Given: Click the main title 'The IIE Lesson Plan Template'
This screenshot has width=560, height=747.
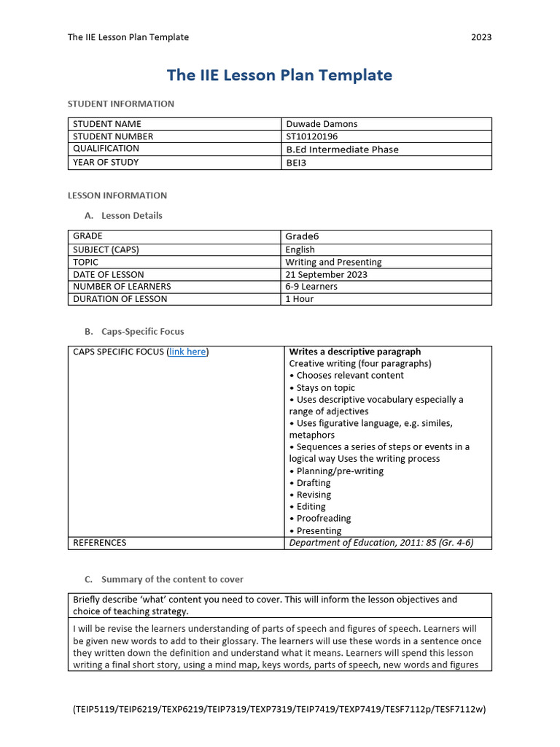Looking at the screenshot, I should (x=279, y=75).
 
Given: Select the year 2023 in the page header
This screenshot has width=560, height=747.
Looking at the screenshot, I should (x=481, y=37).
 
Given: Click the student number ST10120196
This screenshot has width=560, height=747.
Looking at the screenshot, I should (x=312, y=136).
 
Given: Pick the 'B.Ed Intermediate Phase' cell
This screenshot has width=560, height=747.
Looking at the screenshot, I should (x=342, y=150).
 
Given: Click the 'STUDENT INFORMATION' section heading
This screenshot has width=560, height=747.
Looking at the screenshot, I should (x=121, y=104).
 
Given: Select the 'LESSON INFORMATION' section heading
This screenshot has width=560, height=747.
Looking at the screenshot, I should (x=117, y=196).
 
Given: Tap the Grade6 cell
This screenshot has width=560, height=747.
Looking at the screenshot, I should (x=302, y=236).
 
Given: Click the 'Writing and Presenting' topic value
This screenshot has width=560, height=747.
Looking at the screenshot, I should (x=333, y=262).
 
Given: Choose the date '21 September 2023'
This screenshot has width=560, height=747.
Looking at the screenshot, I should (x=327, y=274).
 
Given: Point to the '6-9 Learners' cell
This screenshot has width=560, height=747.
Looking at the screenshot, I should (x=311, y=287).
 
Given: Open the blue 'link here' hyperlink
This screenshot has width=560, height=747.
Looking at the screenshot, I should (x=187, y=352).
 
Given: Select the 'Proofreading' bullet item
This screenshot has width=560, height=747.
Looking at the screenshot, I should (x=323, y=519).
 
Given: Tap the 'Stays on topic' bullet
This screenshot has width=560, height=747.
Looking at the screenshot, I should (x=325, y=387).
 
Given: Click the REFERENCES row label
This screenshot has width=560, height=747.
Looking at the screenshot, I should (x=100, y=543).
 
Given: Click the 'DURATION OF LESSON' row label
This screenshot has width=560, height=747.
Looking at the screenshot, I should (x=120, y=299).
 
